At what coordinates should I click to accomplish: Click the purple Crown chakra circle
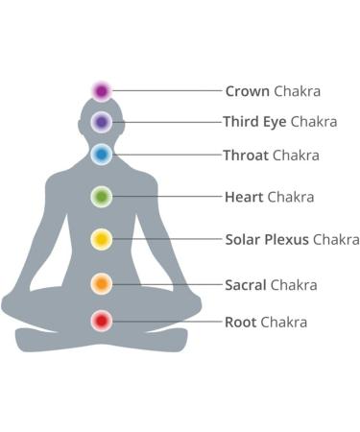click(102, 91)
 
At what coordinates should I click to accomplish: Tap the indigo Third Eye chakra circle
click(102, 122)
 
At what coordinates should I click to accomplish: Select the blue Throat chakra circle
click(102, 154)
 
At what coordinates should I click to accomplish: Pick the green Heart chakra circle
click(102, 197)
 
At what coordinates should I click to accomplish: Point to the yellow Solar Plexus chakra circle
click(102, 239)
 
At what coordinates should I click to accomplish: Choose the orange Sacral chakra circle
click(102, 283)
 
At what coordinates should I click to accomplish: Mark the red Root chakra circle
click(102, 321)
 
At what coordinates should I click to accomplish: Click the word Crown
click(247, 92)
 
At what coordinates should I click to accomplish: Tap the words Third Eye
click(254, 123)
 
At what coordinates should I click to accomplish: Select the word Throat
click(246, 155)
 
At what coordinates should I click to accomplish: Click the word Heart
click(243, 198)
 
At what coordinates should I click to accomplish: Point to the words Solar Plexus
click(267, 240)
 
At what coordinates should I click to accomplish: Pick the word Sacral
click(245, 285)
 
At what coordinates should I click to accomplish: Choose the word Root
click(240, 323)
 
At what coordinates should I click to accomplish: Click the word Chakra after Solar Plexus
click(336, 240)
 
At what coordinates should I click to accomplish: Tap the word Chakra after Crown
click(297, 92)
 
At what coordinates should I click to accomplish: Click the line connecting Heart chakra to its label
click(168, 197)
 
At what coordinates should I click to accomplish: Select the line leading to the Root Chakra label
click(168, 321)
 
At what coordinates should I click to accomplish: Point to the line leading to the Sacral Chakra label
click(168, 283)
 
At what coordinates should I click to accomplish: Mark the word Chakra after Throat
click(296, 155)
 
